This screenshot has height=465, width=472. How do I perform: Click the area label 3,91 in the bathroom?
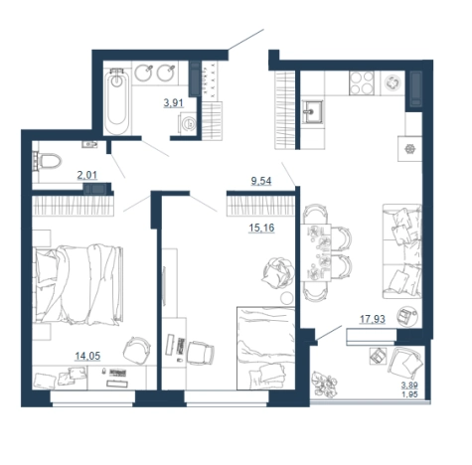(x=173, y=103)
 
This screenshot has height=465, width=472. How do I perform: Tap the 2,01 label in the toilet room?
(x=87, y=175)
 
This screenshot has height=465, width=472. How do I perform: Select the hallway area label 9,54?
(x=261, y=181)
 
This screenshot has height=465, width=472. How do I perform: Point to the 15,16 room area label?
(x=261, y=228)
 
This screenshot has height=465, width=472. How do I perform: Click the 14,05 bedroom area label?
(x=87, y=357)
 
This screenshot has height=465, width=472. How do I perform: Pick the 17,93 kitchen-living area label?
(x=373, y=319)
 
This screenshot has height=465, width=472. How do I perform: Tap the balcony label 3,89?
(x=409, y=386)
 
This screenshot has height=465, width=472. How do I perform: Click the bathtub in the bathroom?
(x=116, y=102)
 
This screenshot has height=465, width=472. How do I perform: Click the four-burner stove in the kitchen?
(x=362, y=83)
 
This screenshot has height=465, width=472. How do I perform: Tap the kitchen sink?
(x=313, y=112)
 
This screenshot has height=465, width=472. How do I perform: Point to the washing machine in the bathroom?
(x=188, y=123)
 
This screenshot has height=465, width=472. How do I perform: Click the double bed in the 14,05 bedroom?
(x=79, y=284)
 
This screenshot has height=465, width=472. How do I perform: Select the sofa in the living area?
(x=402, y=251)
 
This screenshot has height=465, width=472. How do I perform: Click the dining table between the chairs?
(x=316, y=252)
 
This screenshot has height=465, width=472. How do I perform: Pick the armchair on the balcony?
(x=405, y=364)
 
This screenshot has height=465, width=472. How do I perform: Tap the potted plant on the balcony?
(x=324, y=385)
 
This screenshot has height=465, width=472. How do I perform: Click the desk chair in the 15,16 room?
(x=200, y=353)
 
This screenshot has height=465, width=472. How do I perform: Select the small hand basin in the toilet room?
(x=89, y=144)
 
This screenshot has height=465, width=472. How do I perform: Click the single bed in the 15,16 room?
(x=266, y=349)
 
